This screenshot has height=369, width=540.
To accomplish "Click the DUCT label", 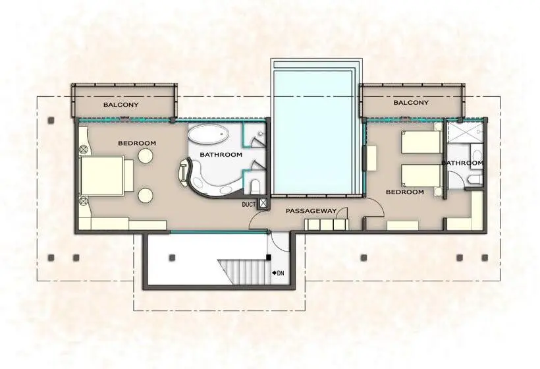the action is click(249, 205).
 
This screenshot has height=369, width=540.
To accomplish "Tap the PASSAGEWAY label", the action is click(311, 211).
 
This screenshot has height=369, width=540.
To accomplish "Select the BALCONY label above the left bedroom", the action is click(121, 104).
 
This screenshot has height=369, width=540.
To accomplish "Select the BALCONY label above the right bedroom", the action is click(411, 102).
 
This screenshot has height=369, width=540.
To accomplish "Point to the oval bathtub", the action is click(208, 134).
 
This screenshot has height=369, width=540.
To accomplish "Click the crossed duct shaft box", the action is click(263, 203).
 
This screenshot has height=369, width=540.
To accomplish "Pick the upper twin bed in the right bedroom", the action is click(421, 142).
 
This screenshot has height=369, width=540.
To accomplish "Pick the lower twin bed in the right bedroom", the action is click(421, 176).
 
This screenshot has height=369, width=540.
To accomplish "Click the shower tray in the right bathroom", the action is click(464, 132).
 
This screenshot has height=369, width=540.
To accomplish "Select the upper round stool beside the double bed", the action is click(146, 156).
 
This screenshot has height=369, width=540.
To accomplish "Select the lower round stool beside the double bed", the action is click(146, 195).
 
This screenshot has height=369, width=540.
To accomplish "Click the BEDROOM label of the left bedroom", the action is click(137, 143).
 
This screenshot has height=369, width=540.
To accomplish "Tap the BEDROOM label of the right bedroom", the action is click(404, 192).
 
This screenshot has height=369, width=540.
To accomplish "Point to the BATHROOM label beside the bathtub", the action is click(221, 155).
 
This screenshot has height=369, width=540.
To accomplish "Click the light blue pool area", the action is click(313, 132).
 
